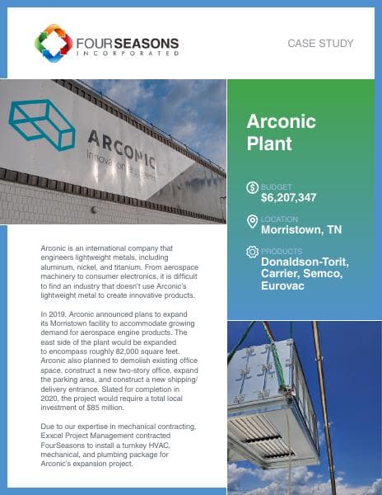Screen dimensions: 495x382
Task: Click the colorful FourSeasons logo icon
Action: click(54, 43)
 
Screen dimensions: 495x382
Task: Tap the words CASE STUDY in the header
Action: click(321, 43)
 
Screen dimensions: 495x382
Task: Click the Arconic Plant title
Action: click(282, 132)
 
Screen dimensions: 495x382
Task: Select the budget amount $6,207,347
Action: click(289, 198)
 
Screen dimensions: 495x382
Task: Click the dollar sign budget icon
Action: click(252, 188)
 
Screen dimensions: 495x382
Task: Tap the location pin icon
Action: click(252, 221)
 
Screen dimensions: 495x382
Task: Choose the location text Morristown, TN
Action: click(301, 230)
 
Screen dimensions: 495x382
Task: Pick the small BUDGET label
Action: click(276, 187)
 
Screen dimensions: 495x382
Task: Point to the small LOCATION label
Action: click(279, 219)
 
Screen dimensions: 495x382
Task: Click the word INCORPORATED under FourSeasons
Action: click(126, 52)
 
